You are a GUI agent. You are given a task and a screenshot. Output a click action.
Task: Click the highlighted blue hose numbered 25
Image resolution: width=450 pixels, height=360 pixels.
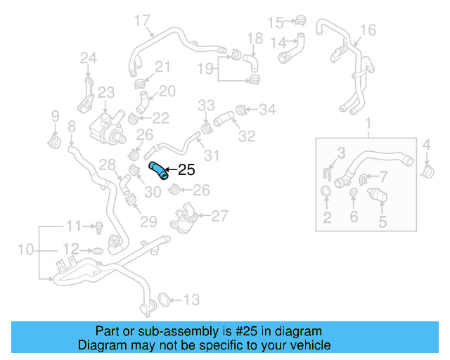click(159, 169)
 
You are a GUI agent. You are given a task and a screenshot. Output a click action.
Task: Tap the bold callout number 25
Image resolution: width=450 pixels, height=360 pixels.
click(186, 169)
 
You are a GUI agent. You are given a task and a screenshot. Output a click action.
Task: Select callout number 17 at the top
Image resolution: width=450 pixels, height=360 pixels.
click(142, 20)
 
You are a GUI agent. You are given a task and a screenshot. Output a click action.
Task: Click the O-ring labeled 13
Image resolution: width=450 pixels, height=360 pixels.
click(161, 300)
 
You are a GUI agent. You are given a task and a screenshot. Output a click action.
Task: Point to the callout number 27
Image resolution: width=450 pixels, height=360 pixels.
click(220, 216)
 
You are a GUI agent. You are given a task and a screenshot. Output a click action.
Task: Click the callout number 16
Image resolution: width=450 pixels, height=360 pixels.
click(368, 30)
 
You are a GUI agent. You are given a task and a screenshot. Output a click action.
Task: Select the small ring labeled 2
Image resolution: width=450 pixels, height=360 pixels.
click(327, 192)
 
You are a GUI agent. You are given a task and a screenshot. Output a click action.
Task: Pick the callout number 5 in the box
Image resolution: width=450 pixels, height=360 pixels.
click(383, 222)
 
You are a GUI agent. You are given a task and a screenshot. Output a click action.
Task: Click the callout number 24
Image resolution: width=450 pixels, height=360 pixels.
click(88, 58)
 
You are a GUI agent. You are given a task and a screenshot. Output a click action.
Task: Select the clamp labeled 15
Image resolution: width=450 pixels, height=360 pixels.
click(301, 20)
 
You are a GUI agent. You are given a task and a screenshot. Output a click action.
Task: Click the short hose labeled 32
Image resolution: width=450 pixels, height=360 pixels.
click(226, 117)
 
